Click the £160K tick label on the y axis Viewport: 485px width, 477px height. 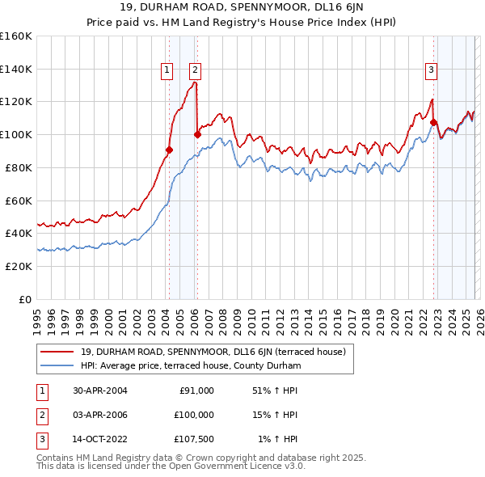tap(16, 36)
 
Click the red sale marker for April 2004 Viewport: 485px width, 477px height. tap(169, 150)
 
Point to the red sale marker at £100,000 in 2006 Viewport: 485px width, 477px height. tap(197, 134)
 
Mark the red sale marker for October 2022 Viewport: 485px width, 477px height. tap(433, 123)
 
